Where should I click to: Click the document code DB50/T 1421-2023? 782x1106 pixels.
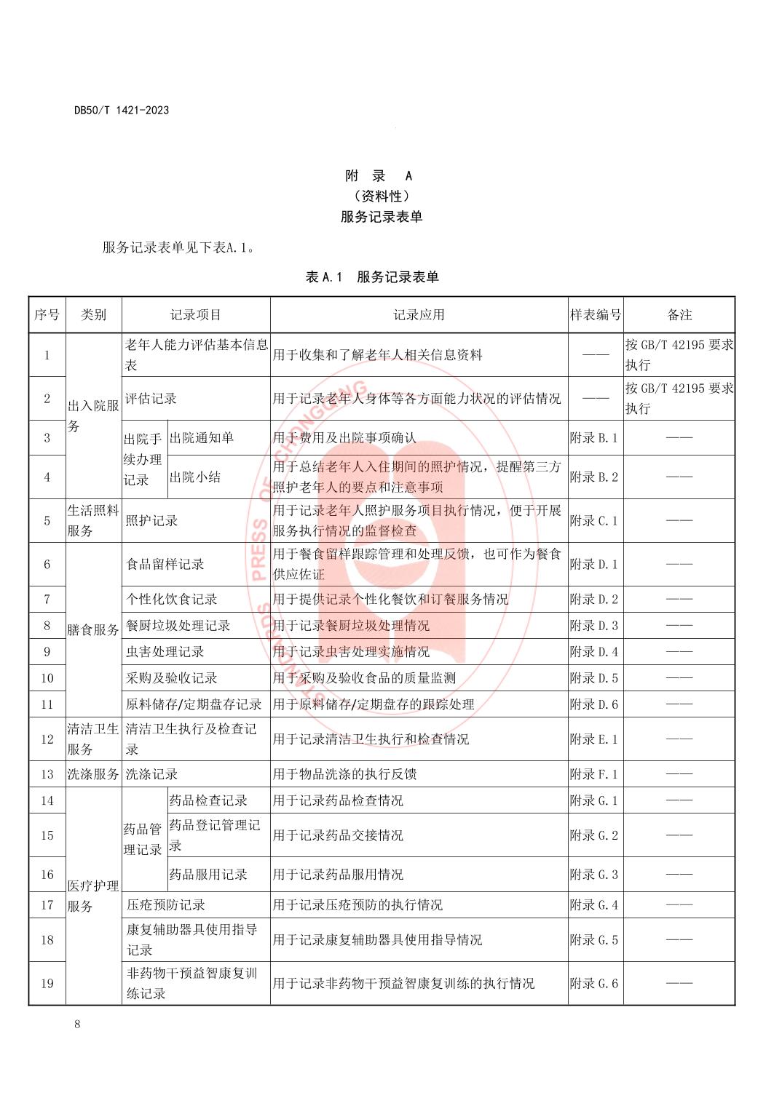coord(122,110)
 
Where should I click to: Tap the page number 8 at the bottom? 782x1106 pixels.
coord(77,1025)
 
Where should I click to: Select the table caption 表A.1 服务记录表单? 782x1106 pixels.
coord(372,277)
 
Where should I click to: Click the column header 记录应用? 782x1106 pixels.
coord(419,315)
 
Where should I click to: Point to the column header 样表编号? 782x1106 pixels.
coord(596,315)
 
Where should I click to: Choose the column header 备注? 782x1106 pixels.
coord(679,315)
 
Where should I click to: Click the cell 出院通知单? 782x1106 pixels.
coord(202,438)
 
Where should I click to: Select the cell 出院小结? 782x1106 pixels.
coord(194,477)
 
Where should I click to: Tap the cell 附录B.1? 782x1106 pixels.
coord(594,438)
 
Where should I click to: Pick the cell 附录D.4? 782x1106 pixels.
coord(594,652)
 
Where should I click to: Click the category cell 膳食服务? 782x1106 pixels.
coord(93,630)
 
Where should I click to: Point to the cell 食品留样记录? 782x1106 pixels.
coord(165,564)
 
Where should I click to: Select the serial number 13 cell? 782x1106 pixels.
coord(47,774)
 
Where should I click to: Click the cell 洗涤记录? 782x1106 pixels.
coord(152,774)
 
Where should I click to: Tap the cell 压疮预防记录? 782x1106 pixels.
coord(165,905)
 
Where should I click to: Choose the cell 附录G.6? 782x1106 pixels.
coord(594,984)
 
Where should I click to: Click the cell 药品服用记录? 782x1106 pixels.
coord(208,875)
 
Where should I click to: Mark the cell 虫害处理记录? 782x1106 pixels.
coord(165,652)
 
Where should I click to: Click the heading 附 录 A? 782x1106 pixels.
coord(379,176)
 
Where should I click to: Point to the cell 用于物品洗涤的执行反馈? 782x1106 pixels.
coord(344,774)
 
